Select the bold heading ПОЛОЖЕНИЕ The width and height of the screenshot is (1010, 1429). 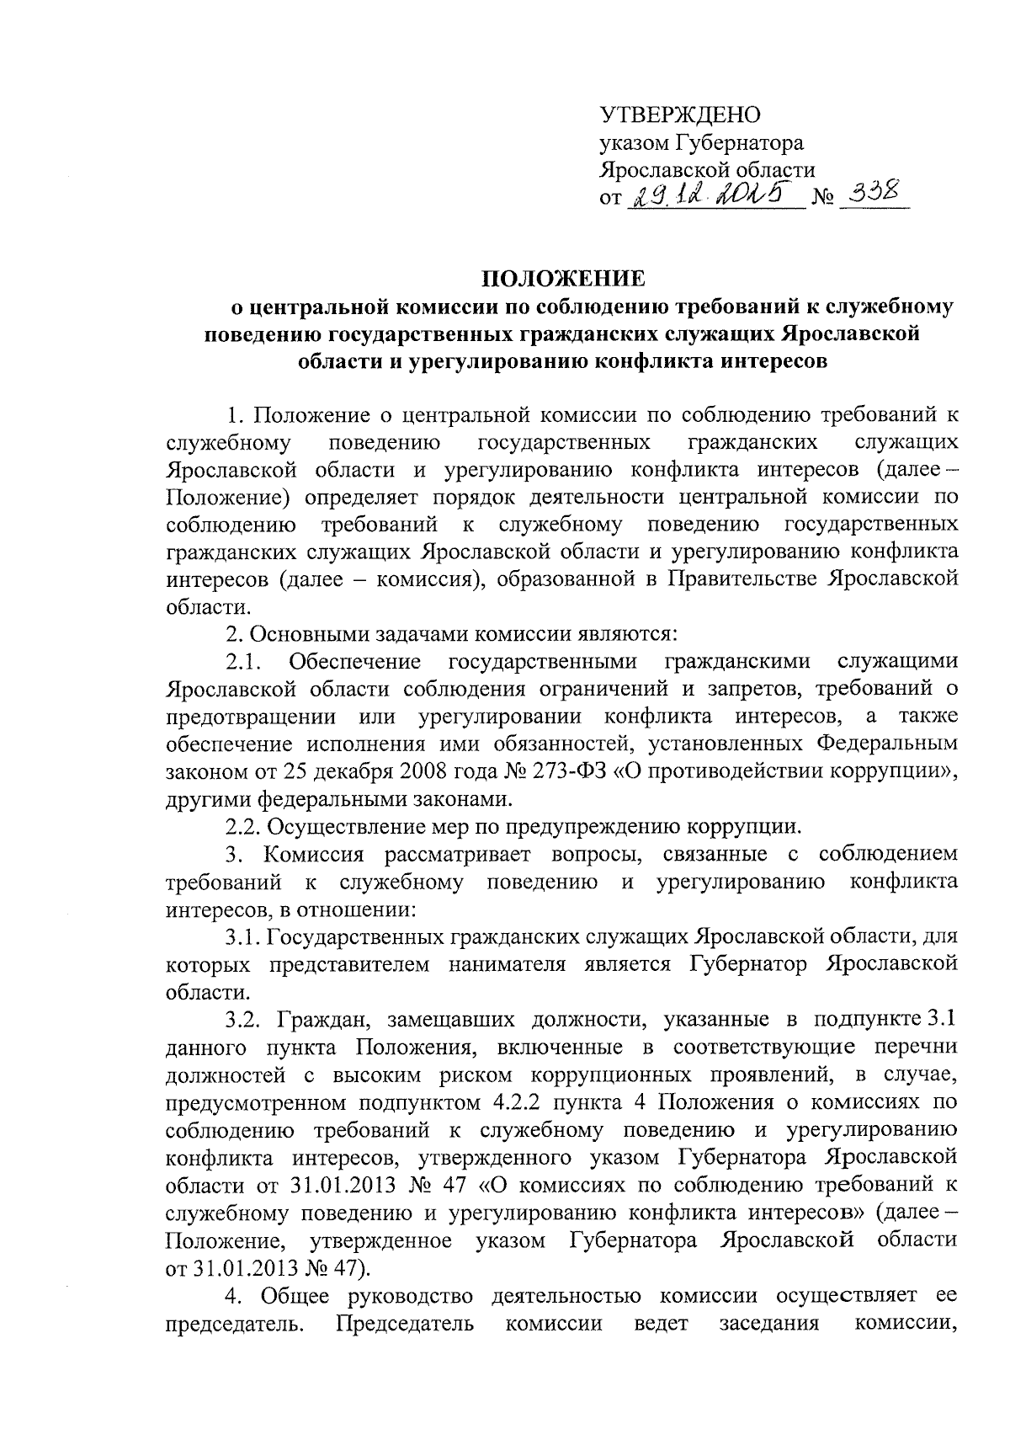point(563,278)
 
